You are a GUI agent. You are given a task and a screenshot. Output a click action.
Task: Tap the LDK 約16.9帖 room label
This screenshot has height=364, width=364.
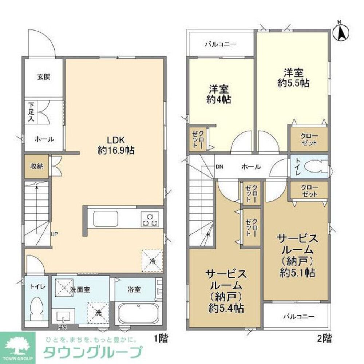click(116, 145)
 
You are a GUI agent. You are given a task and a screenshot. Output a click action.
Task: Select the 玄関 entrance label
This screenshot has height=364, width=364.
click(43, 77)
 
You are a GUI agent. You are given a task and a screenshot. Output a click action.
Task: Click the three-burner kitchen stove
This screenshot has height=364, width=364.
click(150, 219)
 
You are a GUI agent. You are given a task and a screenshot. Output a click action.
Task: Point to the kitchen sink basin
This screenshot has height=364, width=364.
click(105, 219)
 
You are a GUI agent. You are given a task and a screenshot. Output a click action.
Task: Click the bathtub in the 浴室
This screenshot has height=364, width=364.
click(139, 313)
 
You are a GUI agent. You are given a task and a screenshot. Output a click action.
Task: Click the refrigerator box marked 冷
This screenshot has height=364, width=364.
click(152, 260)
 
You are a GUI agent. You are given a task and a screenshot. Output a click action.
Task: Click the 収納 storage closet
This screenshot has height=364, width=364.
click(37, 166)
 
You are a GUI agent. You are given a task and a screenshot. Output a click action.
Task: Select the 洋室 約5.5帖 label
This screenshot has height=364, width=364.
click(293, 78)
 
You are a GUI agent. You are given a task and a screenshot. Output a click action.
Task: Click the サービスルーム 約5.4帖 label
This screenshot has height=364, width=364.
click(226, 291)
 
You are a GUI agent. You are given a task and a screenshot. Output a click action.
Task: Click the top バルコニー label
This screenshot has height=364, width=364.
click(220, 45)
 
